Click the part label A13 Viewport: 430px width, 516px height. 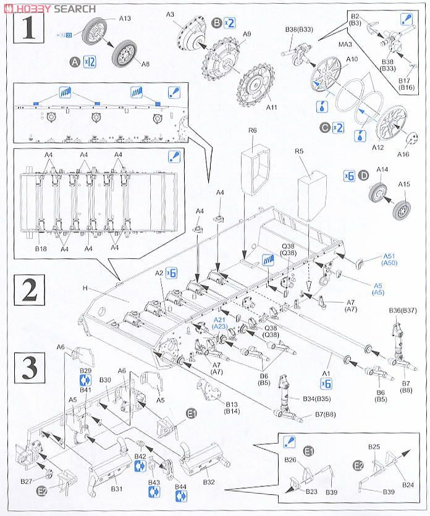[x=125, y=19]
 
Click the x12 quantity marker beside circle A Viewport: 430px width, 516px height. [x=90, y=62]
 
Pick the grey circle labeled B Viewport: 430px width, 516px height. [x=216, y=23]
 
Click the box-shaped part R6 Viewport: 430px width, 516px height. [x=258, y=162]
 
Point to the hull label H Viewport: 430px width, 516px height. [x=85, y=287]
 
